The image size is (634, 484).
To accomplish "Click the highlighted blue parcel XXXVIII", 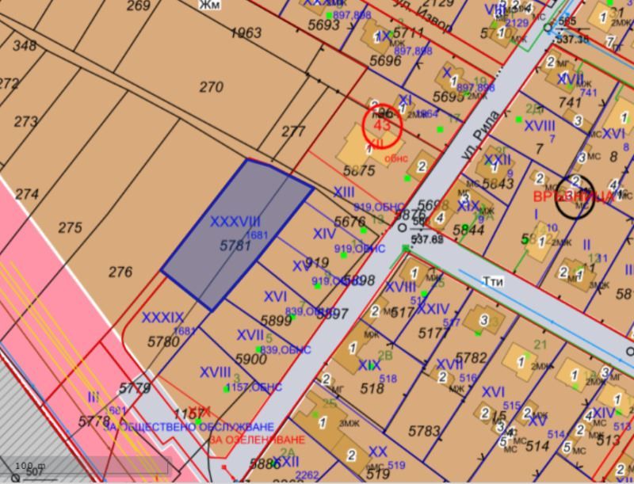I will click(x=238, y=234).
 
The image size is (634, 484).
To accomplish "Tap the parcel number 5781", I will click(x=235, y=246).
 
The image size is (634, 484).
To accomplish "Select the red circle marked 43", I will click(x=383, y=124).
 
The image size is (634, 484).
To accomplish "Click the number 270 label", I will click(x=211, y=87).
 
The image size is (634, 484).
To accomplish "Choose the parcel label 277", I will click(x=293, y=131).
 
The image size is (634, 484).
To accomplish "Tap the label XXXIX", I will click(x=162, y=317).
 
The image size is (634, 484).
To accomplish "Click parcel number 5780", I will click(x=164, y=342).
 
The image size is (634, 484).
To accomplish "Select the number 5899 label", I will click(x=277, y=321).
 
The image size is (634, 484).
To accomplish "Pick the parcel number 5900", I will click(x=250, y=359).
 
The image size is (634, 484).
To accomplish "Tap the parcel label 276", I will click(x=120, y=272).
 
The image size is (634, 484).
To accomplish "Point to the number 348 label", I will click(x=25, y=45).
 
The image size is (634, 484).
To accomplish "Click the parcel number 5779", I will click(x=135, y=388).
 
